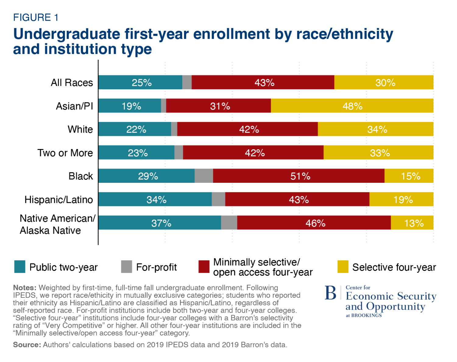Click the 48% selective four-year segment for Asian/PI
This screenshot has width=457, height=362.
(x=352, y=106)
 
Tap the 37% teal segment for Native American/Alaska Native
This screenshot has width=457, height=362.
(x=160, y=223)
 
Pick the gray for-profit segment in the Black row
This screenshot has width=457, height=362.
(x=204, y=176)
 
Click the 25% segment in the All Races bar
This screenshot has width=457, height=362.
(x=140, y=82)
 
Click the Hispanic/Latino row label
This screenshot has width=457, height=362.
(x=58, y=200)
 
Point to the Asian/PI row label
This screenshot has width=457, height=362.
(x=74, y=106)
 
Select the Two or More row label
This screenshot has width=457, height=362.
(x=65, y=153)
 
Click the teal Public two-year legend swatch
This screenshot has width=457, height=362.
(x=20, y=267)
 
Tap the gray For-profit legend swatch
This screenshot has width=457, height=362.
(x=126, y=267)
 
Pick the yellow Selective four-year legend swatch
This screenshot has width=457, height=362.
(x=343, y=267)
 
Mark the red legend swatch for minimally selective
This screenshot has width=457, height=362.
(x=204, y=267)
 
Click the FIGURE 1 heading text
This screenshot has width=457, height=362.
(x=36, y=18)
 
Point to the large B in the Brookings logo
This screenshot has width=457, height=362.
(x=331, y=293)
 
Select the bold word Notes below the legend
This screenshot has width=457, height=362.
(x=25, y=288)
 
